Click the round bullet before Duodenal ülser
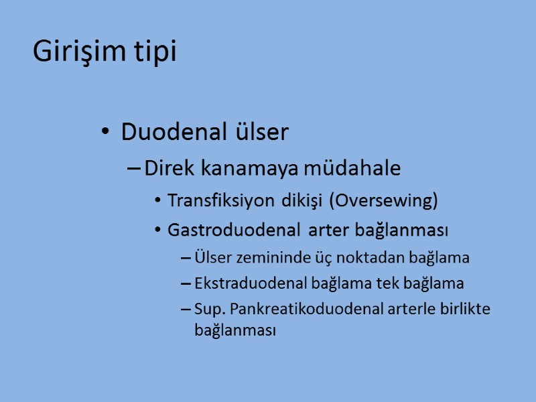click(x=104, y=133)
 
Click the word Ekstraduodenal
click(x=251, y=283)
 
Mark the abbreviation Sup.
click(x=206, y=309)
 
